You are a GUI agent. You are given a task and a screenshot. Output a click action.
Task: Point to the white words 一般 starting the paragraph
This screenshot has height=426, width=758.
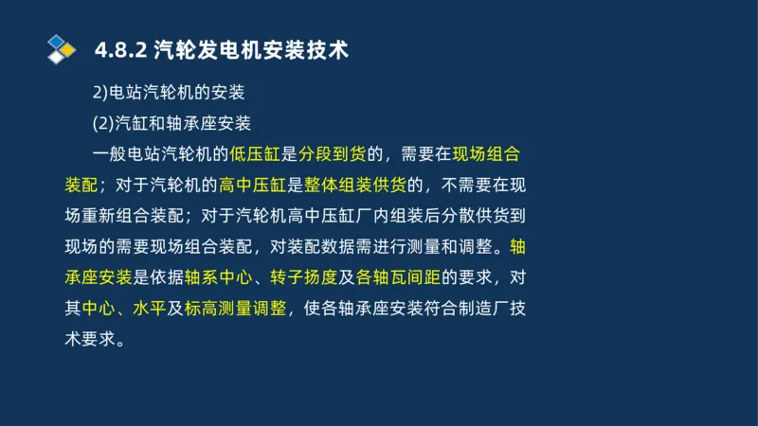(x=113, y=154)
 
